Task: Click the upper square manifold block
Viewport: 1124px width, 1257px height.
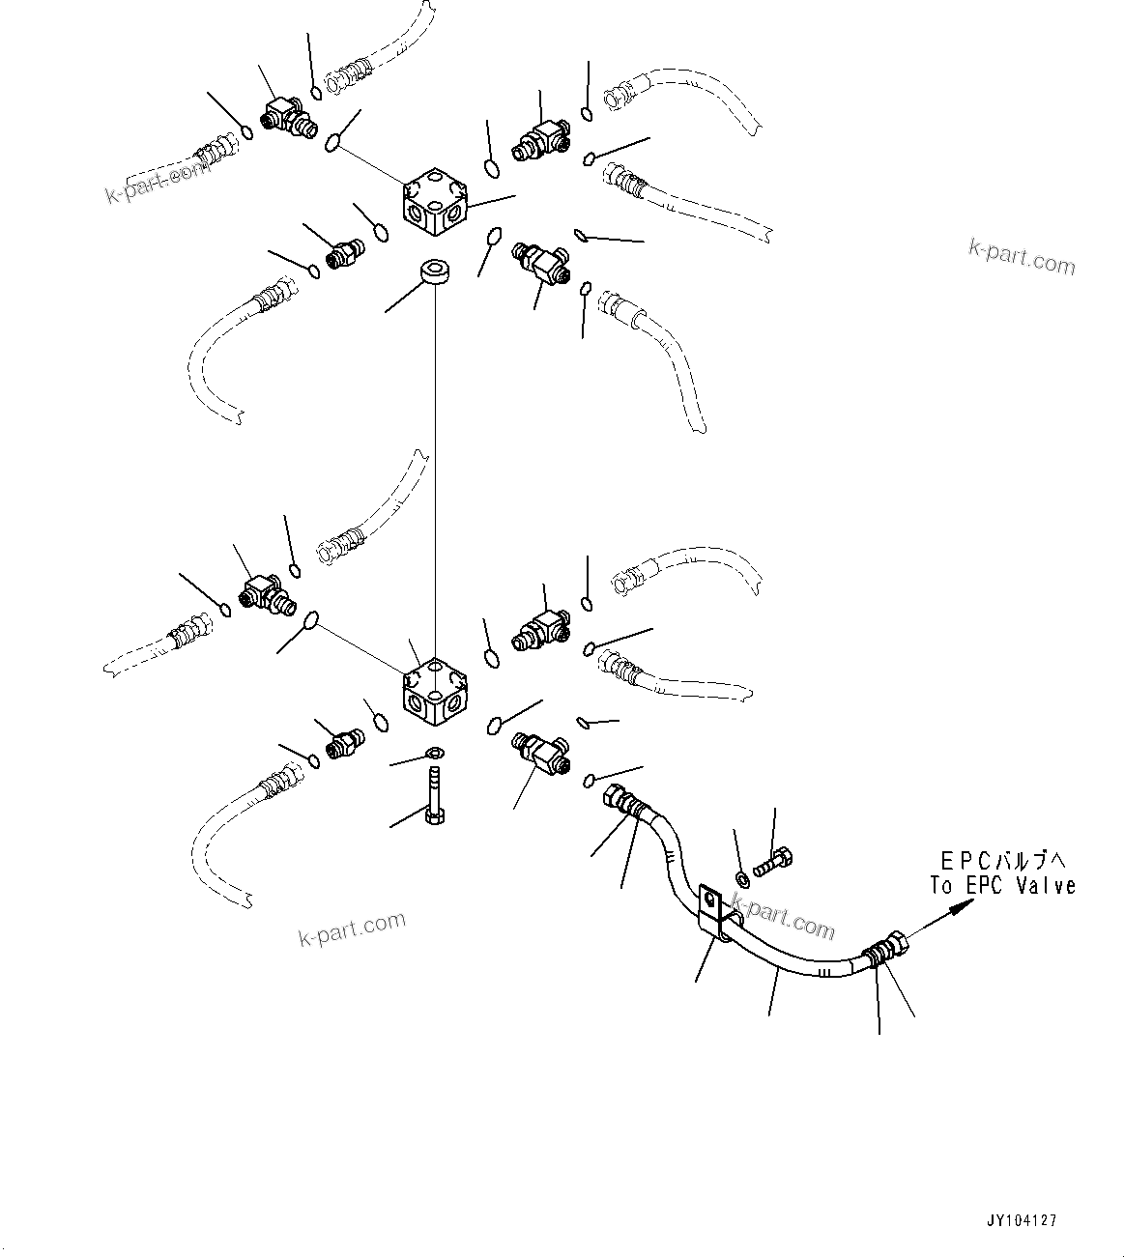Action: click(x=434, y=202)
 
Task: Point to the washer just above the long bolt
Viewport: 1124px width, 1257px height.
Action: click(x=434, y=753)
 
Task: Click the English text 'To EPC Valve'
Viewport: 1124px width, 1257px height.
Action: click(x=1002, y=885)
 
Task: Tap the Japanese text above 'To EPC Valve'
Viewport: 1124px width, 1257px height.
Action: click(x=1006, y=859)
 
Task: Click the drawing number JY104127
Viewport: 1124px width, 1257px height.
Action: click(x=1023, y=1220)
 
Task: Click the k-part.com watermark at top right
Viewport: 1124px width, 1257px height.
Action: click(x=1022, y=256)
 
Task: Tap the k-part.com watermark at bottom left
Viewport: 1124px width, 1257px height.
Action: click(x=352, y=929)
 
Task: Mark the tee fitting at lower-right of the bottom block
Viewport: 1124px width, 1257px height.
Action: click(x=541, y=751)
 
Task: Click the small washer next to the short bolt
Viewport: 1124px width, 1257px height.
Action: click(x=741, y=878)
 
